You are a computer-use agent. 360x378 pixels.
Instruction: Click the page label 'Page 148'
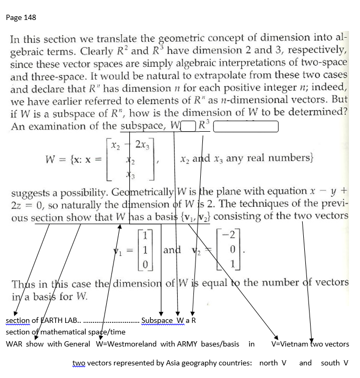coord(22,17)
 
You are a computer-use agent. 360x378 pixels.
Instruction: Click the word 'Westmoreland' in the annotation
coord(133,344)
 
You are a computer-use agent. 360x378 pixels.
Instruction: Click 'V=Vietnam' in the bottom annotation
coord(289,344)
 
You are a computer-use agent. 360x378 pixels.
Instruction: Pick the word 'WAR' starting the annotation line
coord(14,344)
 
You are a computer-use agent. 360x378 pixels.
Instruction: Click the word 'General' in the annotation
coord(79,344)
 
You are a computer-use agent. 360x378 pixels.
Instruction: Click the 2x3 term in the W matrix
coord(142,144)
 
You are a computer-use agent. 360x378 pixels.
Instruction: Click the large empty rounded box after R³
coord(245,127)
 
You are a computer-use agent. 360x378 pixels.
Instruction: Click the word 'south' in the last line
coord(330,363)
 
